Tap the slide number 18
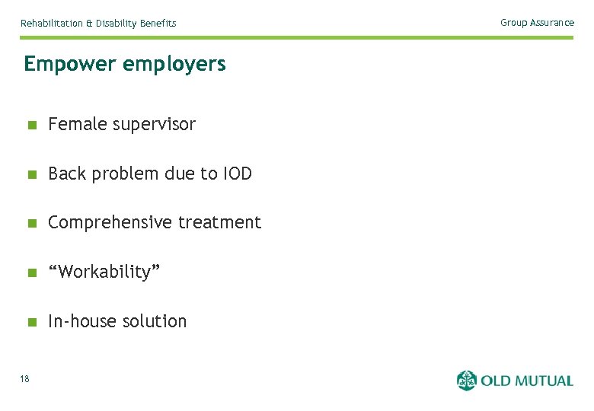coord(25,379)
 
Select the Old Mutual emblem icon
coord(466,381)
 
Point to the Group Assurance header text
coord(537,23)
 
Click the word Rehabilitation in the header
coord(52,24)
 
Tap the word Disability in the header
coord(117,24)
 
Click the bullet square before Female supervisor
coord(31,125)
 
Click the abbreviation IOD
coord(238,174)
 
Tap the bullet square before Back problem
coord(31,174)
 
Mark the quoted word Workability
coord(104,272)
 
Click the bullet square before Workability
coord(31,272)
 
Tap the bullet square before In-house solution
coord(31,322)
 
